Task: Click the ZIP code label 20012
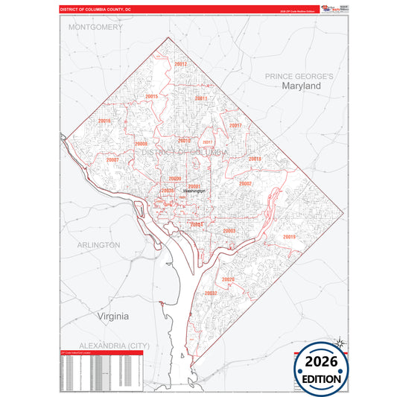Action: click(180, 65)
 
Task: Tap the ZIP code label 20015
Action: click(152, 96)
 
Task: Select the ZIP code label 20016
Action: click(104, 121)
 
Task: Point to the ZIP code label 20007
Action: click(112, 159)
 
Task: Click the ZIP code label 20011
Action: click(201, 98)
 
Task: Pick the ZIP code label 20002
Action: click(246, 183)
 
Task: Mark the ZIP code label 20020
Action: click(229, 280)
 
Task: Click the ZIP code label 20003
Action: click(229, 231)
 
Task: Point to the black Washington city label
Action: click(194, 191)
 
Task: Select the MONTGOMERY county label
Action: click(95, 27)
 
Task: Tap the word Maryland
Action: click(301, 86)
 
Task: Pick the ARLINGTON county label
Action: click(98, 244)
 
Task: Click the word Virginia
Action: click(112, 316)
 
